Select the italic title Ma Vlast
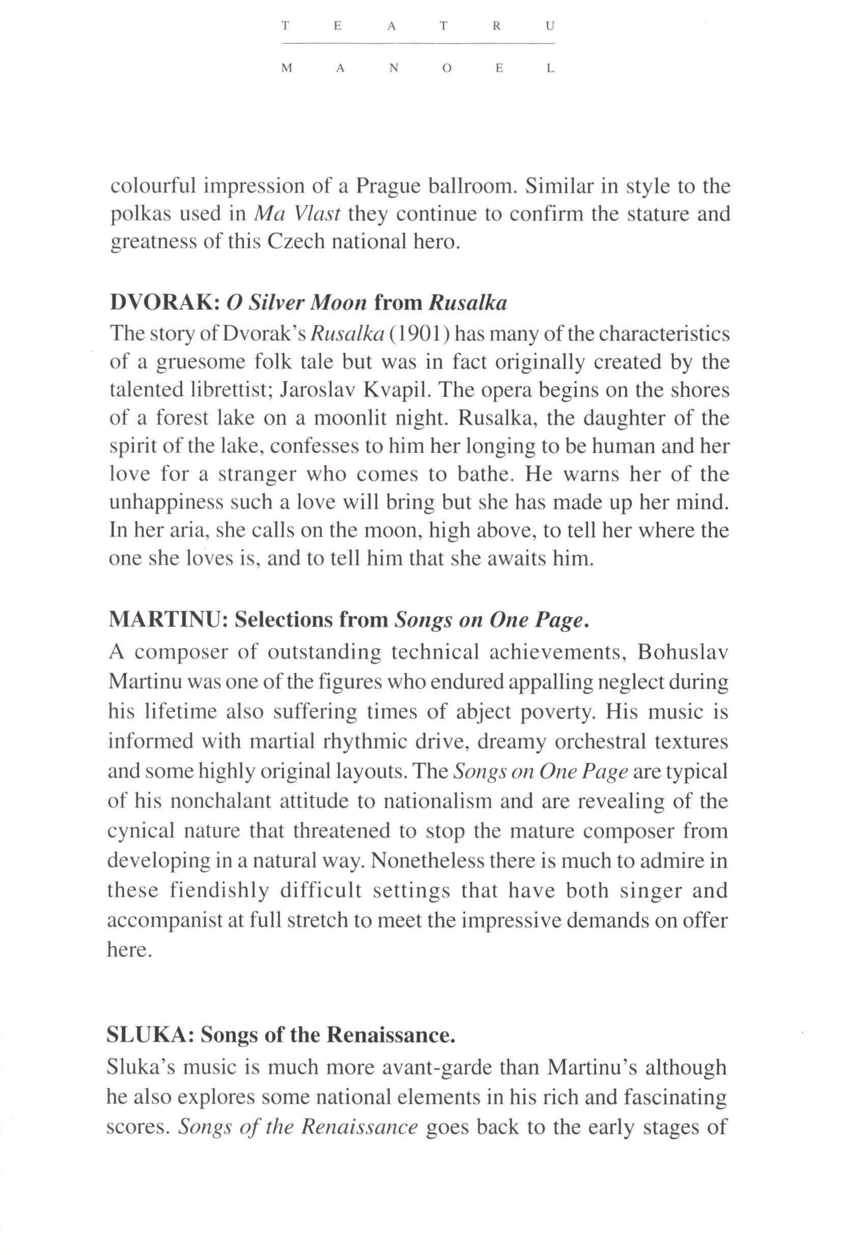[x=296, y=214]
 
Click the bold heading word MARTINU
[x=168, y=620]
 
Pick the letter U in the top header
[x=551, y=26]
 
